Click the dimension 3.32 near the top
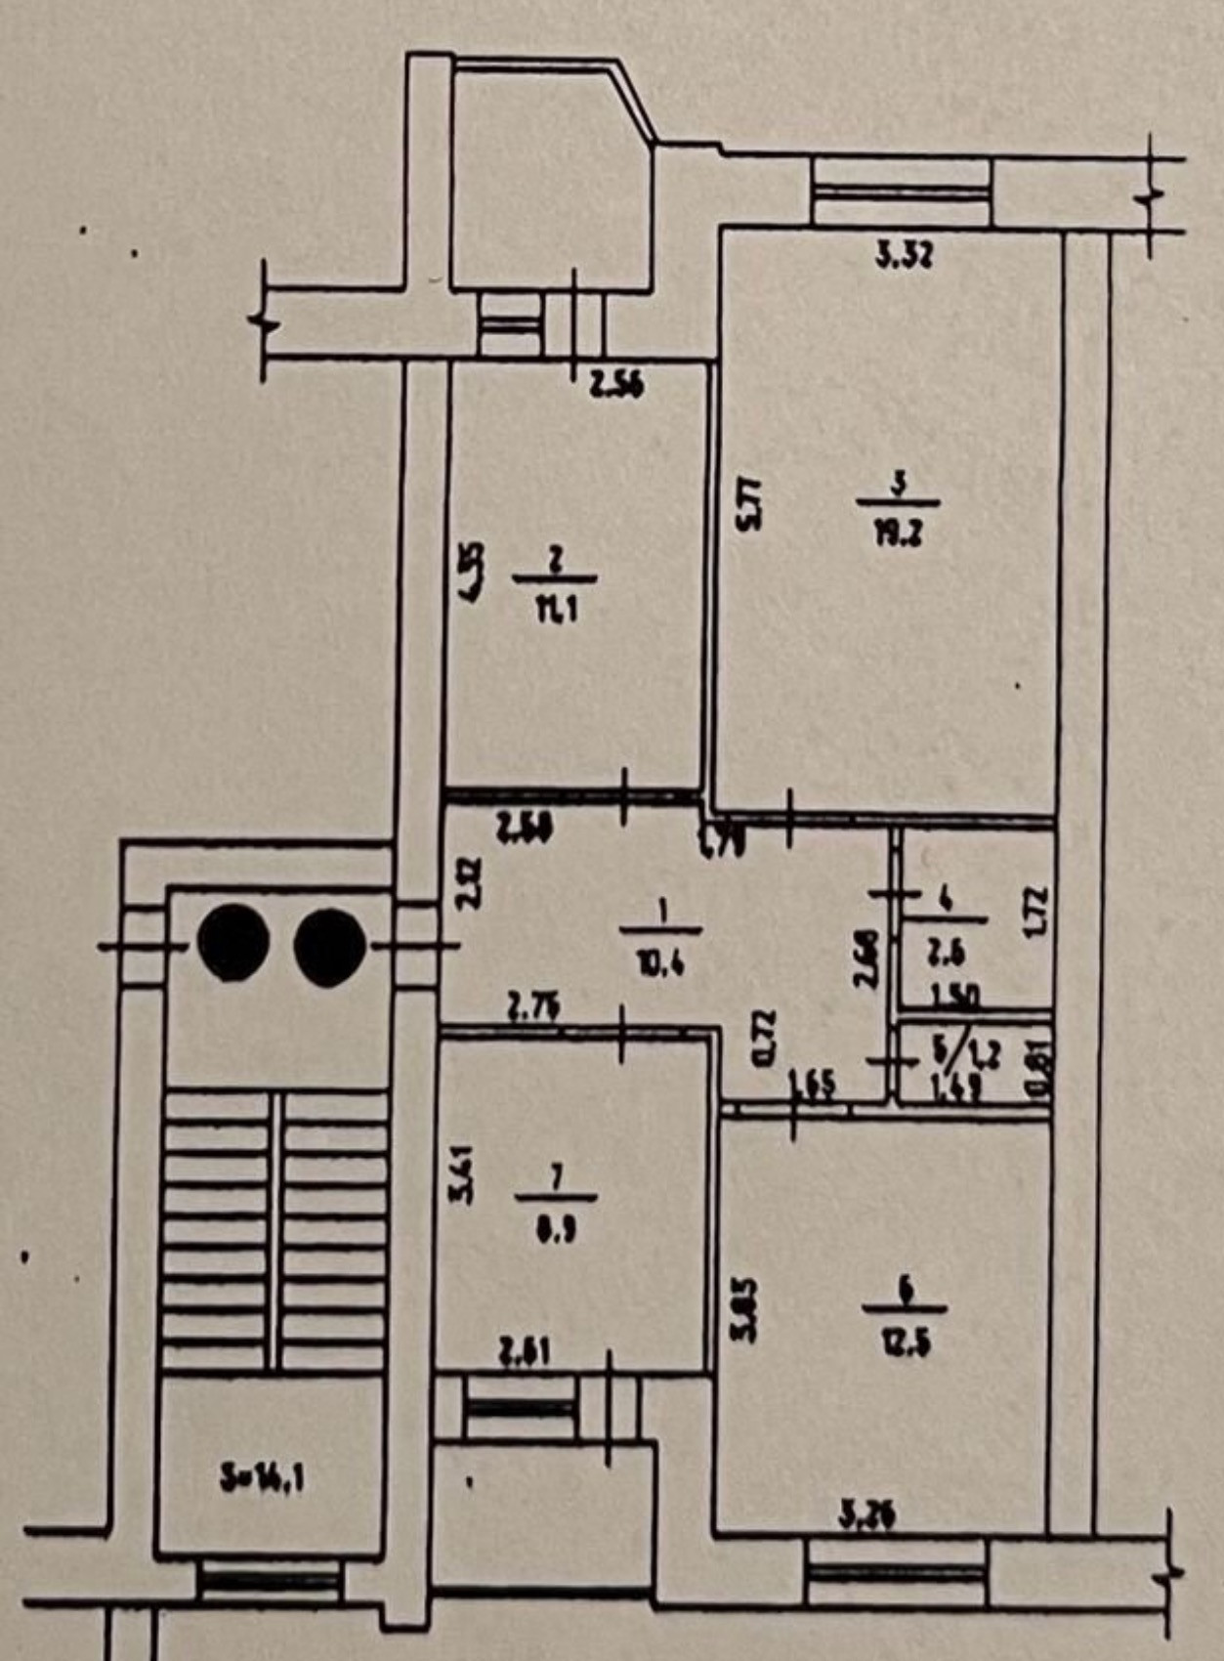[x=904, y=257]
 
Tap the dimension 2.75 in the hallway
[x=532, y=1006]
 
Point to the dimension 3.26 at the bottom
[x=868, y=1517]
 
